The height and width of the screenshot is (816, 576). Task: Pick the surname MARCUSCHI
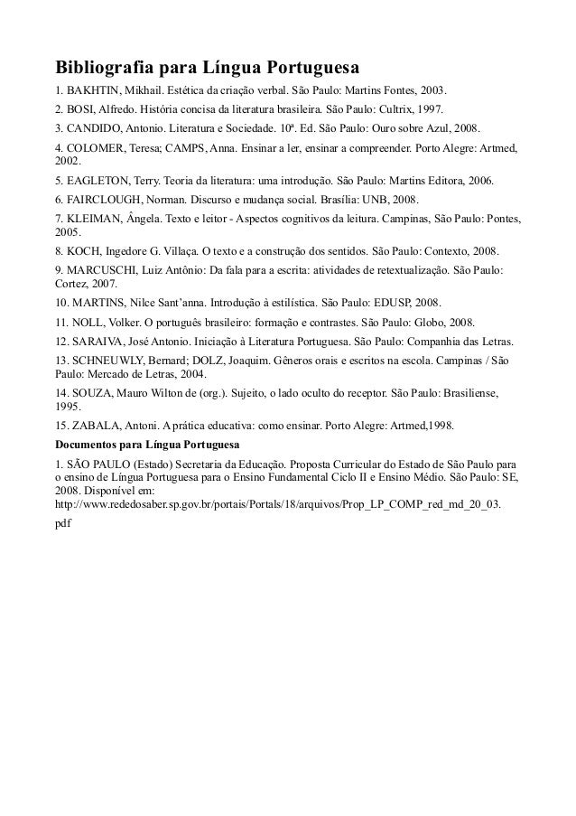click(111, 268)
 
